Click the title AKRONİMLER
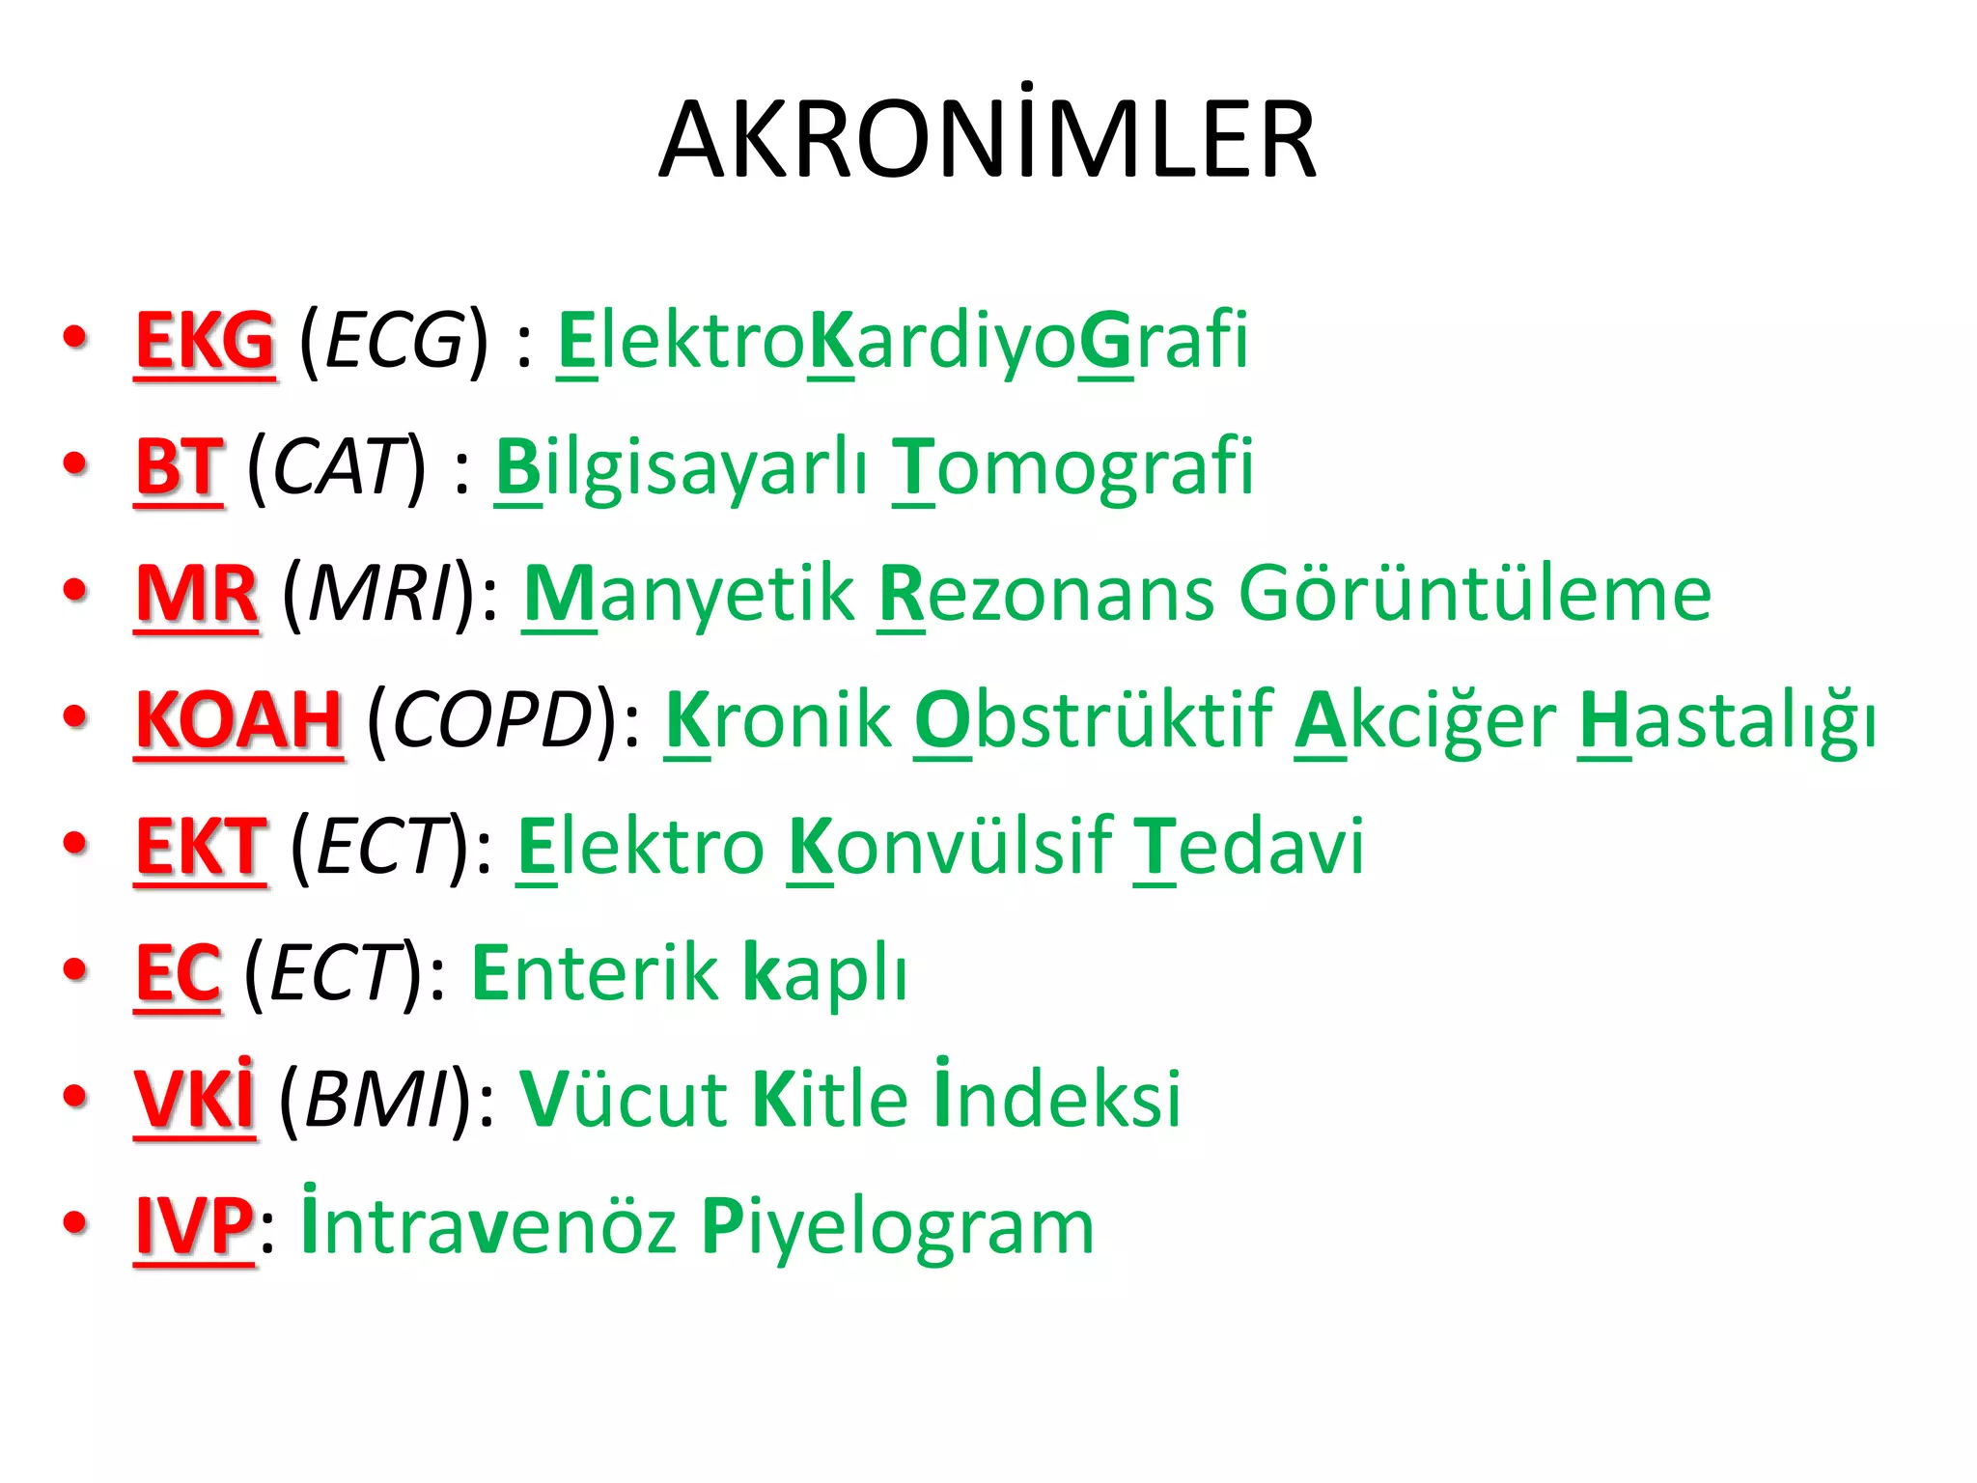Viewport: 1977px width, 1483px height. point(988,141)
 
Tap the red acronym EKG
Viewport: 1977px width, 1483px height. point(206,342)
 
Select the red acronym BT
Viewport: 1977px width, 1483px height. point(180,468)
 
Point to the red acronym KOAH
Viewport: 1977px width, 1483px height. point(238,721)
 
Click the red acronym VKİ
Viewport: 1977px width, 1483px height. point(195,1098)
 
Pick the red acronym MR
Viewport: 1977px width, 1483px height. point(197,595)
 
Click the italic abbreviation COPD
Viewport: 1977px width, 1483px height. point(492,721)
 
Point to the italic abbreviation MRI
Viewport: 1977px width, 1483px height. point(379,595)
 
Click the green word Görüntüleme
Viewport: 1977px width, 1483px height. point(1475,595)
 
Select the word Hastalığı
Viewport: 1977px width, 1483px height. point(1728,721)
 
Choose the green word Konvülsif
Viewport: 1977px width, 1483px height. point(951,848)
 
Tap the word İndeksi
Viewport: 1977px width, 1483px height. point(1058,1098)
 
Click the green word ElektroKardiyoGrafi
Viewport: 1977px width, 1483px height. point(903,342)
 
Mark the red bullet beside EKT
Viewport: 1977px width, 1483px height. point(75,843)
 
